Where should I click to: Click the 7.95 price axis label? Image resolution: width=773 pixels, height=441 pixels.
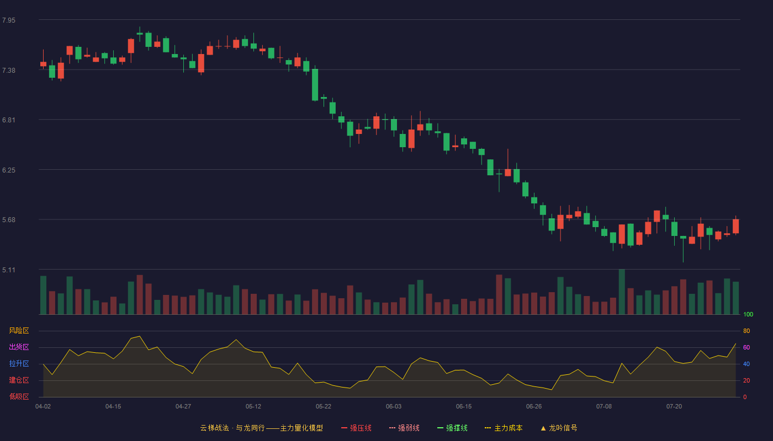click(x=9, y=20)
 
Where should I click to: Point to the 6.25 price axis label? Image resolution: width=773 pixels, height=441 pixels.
click(x=9, y=170)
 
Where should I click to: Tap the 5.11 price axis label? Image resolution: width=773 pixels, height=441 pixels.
click(x=9, y=270)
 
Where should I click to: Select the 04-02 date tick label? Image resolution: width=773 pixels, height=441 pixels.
click(x=43, y=407)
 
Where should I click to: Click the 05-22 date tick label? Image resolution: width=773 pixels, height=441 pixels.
click(x=324, y=407)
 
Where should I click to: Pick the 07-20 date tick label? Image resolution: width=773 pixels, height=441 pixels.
click(x=674, y=407)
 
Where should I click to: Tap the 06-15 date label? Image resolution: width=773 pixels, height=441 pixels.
click(x=464, y=407)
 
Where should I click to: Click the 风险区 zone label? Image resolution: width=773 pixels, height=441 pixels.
click(x=19, y=331)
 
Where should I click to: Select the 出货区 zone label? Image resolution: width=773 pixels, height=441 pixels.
click(x=19, y=347)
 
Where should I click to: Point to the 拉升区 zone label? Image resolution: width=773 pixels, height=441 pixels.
click(x=19, y=363)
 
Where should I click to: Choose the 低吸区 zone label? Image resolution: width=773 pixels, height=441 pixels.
click(x=19, y=396)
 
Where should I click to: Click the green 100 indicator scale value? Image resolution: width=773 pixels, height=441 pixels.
click(x=748, y=314)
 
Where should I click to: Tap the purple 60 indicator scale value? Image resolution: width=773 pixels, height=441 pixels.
click(x=746, y=347)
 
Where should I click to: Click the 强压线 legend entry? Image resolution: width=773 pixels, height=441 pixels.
click(x=356, y=428)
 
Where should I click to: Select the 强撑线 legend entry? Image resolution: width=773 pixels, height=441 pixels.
click(x=452, y=428)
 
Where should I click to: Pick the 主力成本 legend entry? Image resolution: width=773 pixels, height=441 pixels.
click(x=504, y=428)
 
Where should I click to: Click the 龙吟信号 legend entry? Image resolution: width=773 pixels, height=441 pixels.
click(x=559, y=428)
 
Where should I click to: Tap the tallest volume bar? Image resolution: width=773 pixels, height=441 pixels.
click(x=622, y=292)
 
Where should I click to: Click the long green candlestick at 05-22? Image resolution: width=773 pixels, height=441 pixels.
click(x=315, y=85)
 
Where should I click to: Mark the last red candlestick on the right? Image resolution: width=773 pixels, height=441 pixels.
click(x=735, y=227)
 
